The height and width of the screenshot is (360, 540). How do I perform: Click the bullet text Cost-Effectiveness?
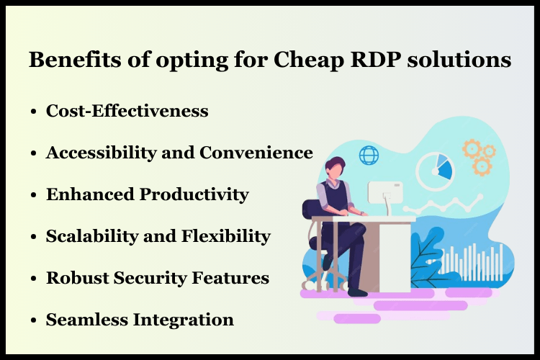tap(127, 111)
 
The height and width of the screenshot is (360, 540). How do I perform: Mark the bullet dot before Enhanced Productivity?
tap(34, 195)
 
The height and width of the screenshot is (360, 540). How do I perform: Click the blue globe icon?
tap(369, 155)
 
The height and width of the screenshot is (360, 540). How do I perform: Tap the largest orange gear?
tap(472, 149)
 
